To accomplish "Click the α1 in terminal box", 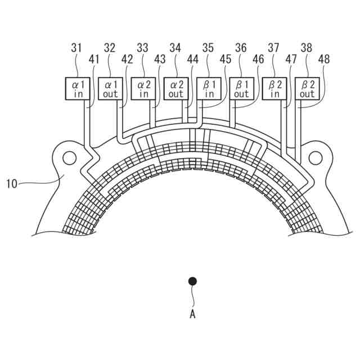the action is click(x=78, y=89).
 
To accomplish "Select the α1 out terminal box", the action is click(x=110, y=89).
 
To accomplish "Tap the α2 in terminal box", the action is click(x=143, y=89).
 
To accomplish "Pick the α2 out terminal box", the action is click(x=176, y=89).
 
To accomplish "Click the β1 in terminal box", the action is click(x=209, y=89).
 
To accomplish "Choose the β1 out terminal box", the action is click(x=241, y=89).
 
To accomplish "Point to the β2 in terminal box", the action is click(x=274, y=89).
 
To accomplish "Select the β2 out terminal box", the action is click(x=307, y=89).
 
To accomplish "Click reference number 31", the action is click(x=76, y=48).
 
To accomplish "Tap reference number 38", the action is click(x=307, y=48).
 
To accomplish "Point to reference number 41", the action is click(x=94, y=58).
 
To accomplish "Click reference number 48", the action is click(x=324, y=58).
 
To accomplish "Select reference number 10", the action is click(x=13, y=183).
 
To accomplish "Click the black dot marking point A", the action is click(x=193, y=281).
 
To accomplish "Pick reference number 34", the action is click(x=175, y=48).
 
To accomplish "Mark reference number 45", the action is click(x=226, y=58).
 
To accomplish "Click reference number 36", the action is click(x=241, y=48).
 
